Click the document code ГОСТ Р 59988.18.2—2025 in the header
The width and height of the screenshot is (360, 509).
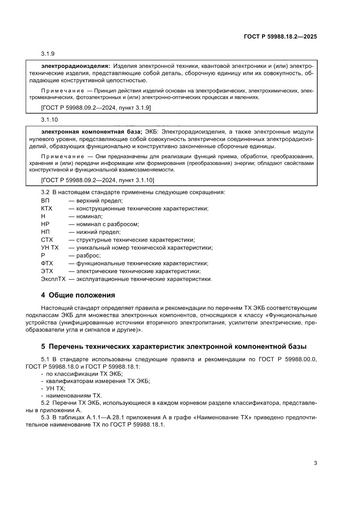[280, 37]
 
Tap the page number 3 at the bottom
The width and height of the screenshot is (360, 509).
[315, 463]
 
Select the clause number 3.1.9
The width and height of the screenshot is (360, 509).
[47, 54]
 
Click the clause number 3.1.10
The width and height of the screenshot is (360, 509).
[49, 119]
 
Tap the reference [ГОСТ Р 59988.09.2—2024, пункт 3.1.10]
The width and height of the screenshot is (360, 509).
[98, 180]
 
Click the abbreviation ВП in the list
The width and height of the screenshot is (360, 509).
[45, 200]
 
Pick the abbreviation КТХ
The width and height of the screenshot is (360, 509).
[47, 208]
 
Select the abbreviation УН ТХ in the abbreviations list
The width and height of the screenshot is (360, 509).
[50, 247]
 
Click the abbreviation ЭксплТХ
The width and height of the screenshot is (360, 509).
[53, 279]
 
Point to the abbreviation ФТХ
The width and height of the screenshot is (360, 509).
[47, 263]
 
